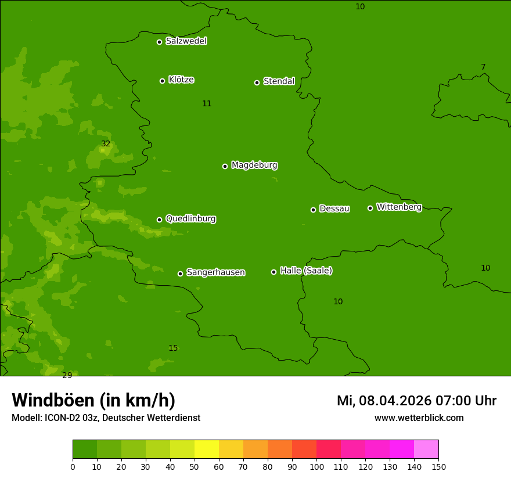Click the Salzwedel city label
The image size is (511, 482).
186,41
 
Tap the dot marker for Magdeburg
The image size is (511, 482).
225,166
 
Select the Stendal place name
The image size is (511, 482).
279,81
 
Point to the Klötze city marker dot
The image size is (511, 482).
162,81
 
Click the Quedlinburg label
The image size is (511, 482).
190,219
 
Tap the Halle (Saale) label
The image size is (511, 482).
306,271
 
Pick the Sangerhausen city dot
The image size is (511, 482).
180,274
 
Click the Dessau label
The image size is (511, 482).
334,209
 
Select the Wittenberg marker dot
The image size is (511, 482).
370,208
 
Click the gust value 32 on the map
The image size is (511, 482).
106,144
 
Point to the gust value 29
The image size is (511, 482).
67,375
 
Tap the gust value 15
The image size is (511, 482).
173,348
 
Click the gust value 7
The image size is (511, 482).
483,67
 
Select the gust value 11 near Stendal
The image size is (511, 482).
207,104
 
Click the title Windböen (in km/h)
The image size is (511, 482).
93,400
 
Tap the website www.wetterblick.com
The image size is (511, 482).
419,418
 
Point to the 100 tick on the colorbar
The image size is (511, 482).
316,466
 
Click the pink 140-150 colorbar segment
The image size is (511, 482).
426,449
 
